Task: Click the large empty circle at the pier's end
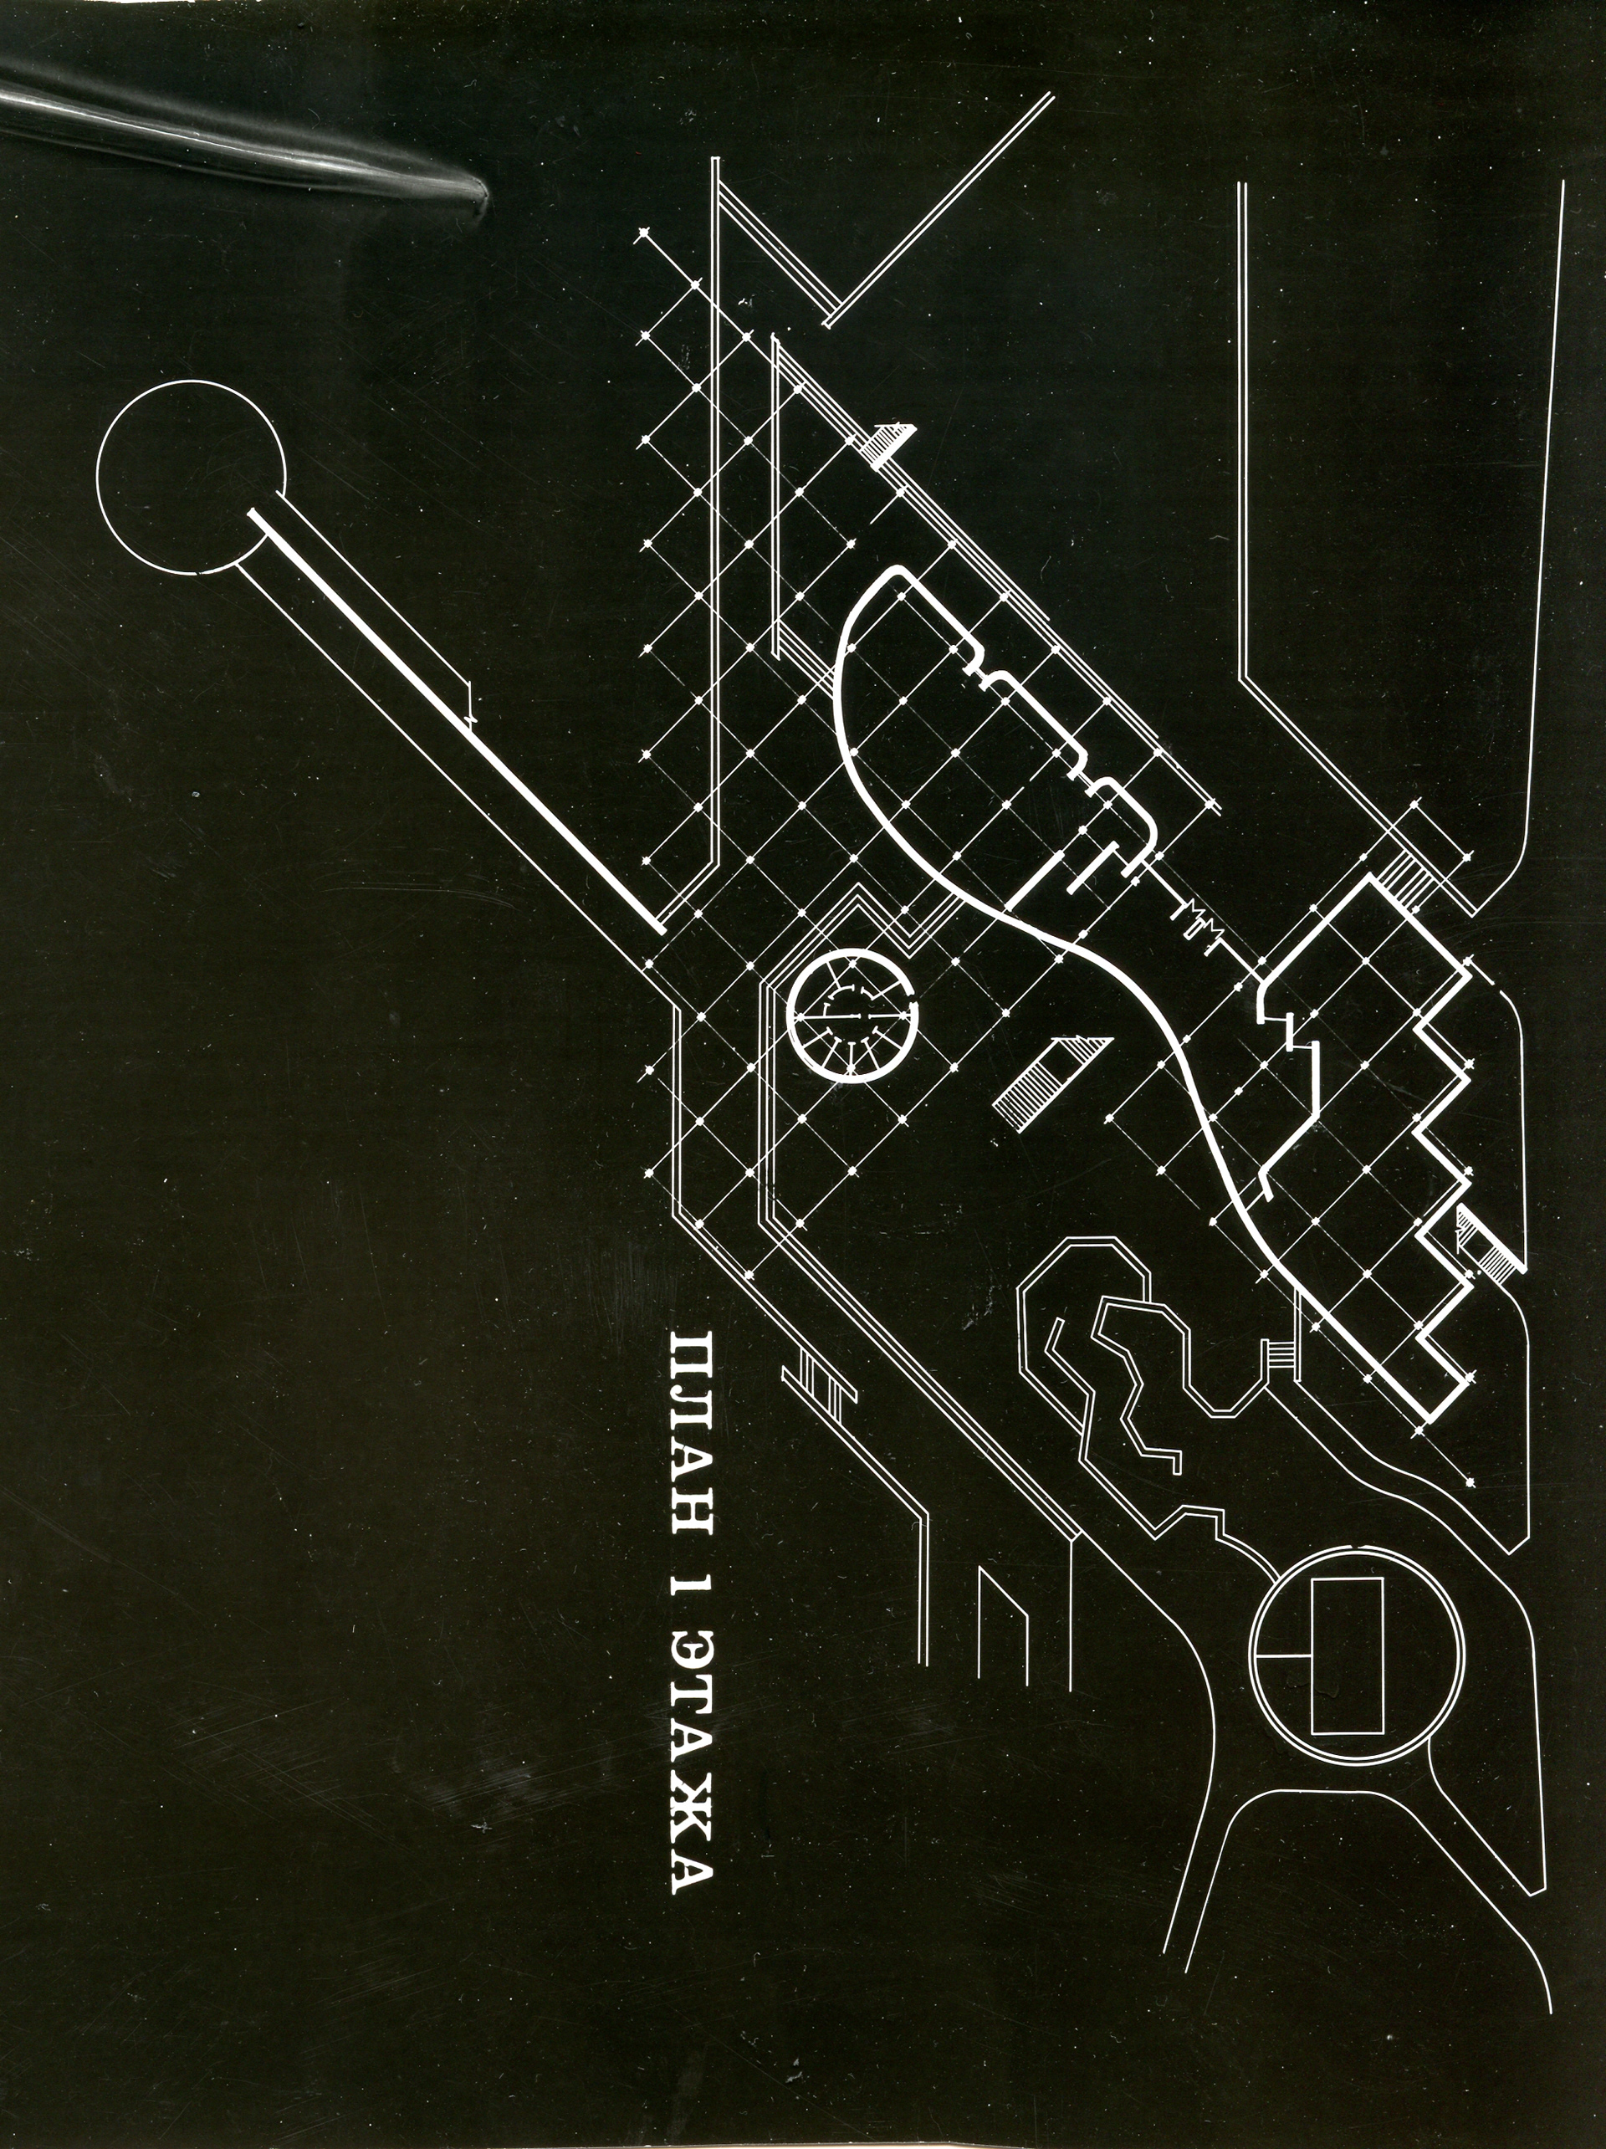coord(192,477)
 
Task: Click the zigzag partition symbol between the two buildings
coord(1199,919)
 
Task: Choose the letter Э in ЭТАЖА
coord(693,1663)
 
